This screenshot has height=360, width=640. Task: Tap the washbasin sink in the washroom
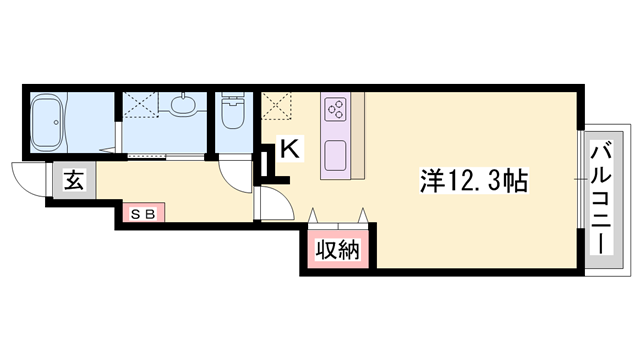pyautogui.click(x=184, y=104)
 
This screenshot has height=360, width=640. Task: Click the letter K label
pyautogui.click(x=288, y=148)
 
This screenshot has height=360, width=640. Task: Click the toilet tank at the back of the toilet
pyautogui.click(x=232, y=100)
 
